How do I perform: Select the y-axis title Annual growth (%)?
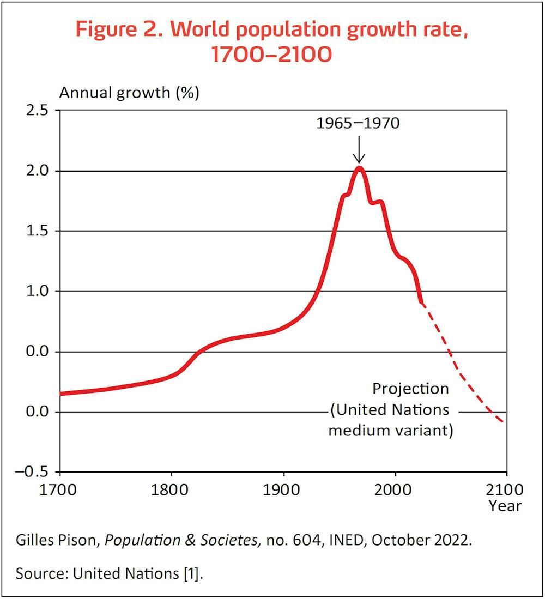pyautogui.click(x=129, y=92)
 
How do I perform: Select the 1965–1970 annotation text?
pyautogui.click(x=358, y=123)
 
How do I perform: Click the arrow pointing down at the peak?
pyautogui.click(x=359, y=150)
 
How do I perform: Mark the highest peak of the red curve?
pyautogui.click(x=359, y=168)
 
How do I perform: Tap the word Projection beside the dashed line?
pyautogui.click(x=410, y=389)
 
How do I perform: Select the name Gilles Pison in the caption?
pyautogui.click(x=58, y=540)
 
